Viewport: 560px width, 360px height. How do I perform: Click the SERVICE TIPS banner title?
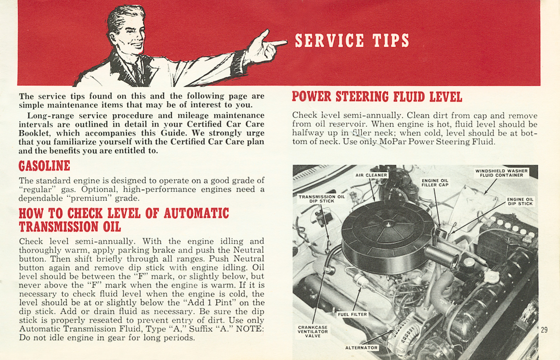[x=352, y=41]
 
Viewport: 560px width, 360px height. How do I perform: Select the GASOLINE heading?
[x=44, y=166]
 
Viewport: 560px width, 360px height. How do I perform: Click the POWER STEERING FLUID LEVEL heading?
[x=377, y=97]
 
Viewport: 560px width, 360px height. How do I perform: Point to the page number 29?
[x=544, y=330]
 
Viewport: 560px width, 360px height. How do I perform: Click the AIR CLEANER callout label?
[x=371, y=175]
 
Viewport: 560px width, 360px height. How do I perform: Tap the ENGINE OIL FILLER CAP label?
[x=435, y=182]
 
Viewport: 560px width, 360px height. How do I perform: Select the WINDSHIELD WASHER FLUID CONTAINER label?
[x=501, y=173]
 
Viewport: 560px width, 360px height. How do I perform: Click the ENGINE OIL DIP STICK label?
[x=520, y=201]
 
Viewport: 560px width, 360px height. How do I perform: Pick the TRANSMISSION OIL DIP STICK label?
[x=321, y=198]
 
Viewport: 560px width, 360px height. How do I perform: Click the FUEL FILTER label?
[x=352, y=314]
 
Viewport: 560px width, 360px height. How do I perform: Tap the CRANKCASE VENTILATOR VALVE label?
[x=313, y=331]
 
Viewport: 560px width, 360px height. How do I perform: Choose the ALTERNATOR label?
[x=361, y=348]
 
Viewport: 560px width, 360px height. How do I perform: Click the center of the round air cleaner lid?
[x=388, y=223]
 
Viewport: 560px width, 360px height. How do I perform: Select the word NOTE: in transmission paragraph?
[x=250, y=329]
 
